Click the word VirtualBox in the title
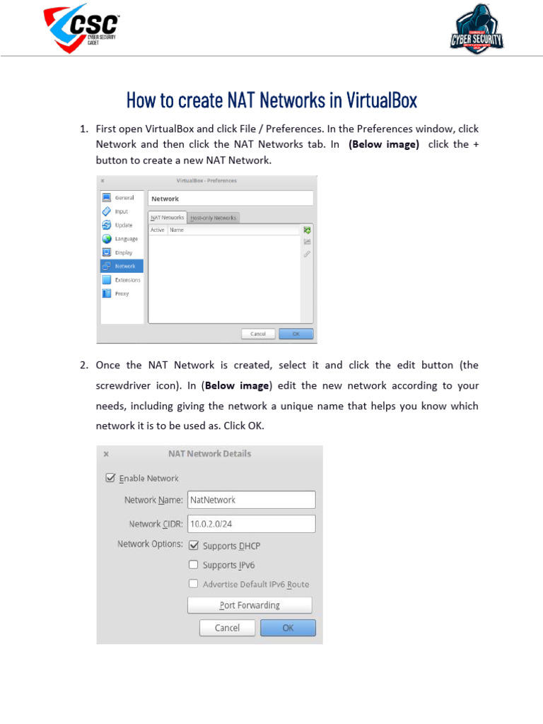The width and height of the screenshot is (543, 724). [382, 100]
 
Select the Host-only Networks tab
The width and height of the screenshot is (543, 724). [214, 218]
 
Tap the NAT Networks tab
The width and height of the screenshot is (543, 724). [168, 218]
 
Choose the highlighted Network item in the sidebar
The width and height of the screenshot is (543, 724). [122, 266]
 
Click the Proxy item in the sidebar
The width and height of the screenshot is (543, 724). [122, 293]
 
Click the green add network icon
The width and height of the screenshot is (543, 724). [307, 230]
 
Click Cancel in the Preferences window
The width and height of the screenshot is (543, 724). [258, 334]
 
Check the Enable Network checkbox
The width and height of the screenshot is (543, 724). [110, 478]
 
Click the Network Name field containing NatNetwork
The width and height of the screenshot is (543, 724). [251, 500]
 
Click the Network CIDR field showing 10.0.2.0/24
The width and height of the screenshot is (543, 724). [251, 524]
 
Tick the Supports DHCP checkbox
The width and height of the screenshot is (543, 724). [194, 546]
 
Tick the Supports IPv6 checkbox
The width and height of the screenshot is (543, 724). [194, 565]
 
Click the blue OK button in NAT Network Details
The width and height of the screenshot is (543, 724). [288, 628]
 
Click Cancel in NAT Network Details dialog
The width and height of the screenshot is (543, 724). [227, 628]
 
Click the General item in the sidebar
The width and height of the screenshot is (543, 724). [122, 198]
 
